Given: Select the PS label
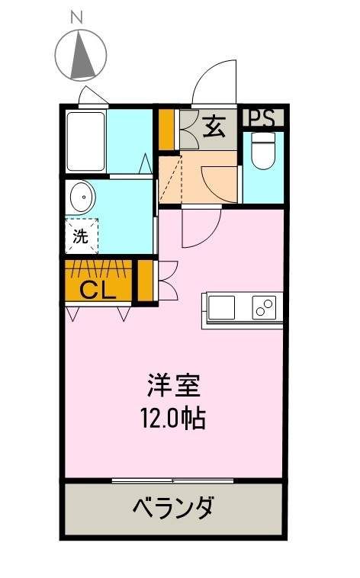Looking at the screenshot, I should click(263, 118).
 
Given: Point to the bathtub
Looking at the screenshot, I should click(85, 142).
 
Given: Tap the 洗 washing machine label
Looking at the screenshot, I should click(80, 236).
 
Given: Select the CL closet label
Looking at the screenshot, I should click(98, 290).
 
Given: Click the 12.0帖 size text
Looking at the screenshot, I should click(174, 418).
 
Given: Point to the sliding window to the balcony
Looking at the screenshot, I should click(172, 480).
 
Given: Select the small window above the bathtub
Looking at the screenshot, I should click(94, 96).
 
